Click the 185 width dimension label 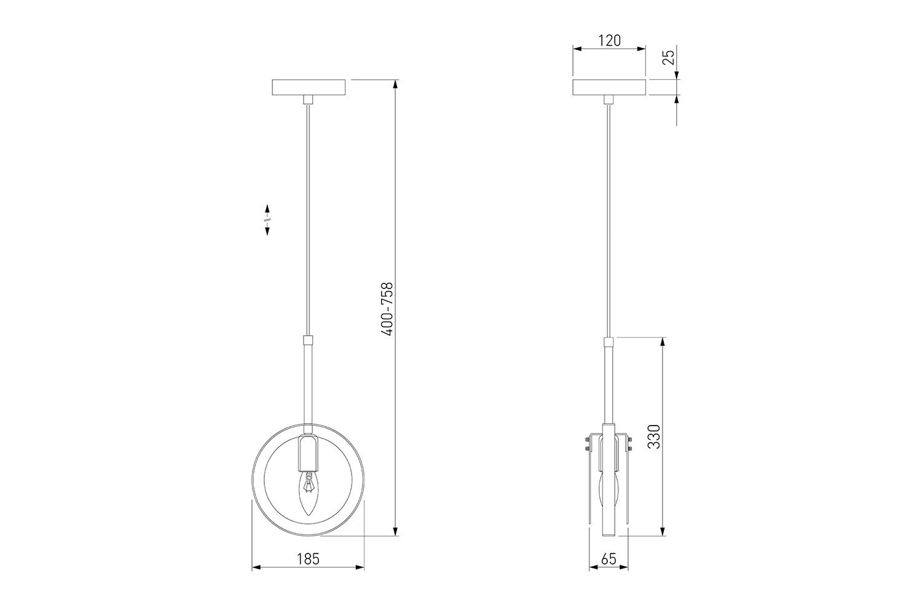click(x=308, y=559)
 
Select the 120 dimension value click(x=609, y=41)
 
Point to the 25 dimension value click(x=669, y=57)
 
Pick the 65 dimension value click(x=609, y=559)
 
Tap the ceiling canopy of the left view click(x=309, y=87)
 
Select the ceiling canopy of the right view click(x=609, y=87)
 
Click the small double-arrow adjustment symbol click(x=267, y=220)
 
